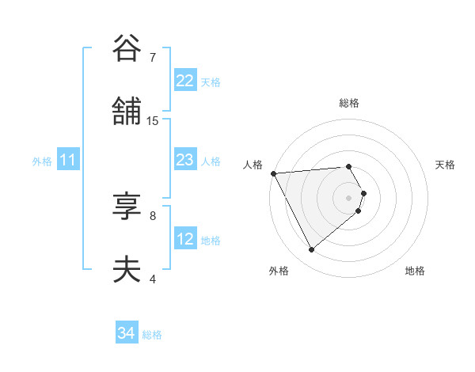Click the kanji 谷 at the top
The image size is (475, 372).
127,49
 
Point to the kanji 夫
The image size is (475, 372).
127,270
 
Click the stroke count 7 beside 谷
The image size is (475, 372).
152,58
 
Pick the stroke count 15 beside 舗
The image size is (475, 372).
153,121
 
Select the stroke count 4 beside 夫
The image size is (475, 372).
152,279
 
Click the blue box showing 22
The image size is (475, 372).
185,81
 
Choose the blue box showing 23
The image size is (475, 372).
185,160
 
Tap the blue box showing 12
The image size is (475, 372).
185,239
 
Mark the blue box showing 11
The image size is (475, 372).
68,160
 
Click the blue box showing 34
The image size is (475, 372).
127,333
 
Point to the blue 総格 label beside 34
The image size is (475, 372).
152,335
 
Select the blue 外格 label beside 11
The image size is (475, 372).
42,161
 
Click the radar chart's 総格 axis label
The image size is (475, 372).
349,103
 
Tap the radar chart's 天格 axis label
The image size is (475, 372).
446,165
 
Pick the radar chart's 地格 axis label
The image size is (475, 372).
415,271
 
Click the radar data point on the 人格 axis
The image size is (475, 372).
273,173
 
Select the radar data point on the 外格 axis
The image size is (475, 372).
311,249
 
